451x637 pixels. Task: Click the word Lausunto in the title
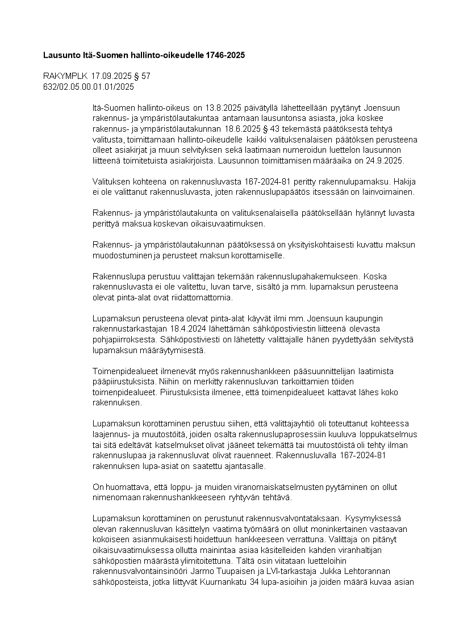click(61, 56)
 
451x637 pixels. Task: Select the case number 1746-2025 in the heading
click(226, 56)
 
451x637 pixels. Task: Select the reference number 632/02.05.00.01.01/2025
click(89, 86)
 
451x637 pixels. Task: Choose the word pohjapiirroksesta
click(126, 339)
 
